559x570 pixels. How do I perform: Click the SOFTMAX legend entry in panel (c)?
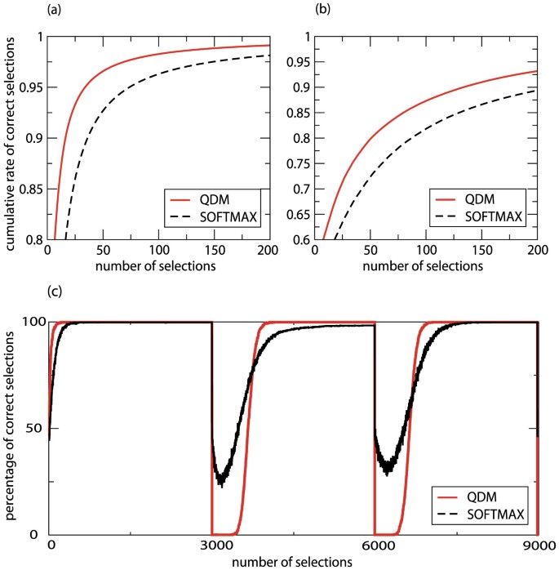(494, 515)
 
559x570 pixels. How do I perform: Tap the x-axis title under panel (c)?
(293, 562)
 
